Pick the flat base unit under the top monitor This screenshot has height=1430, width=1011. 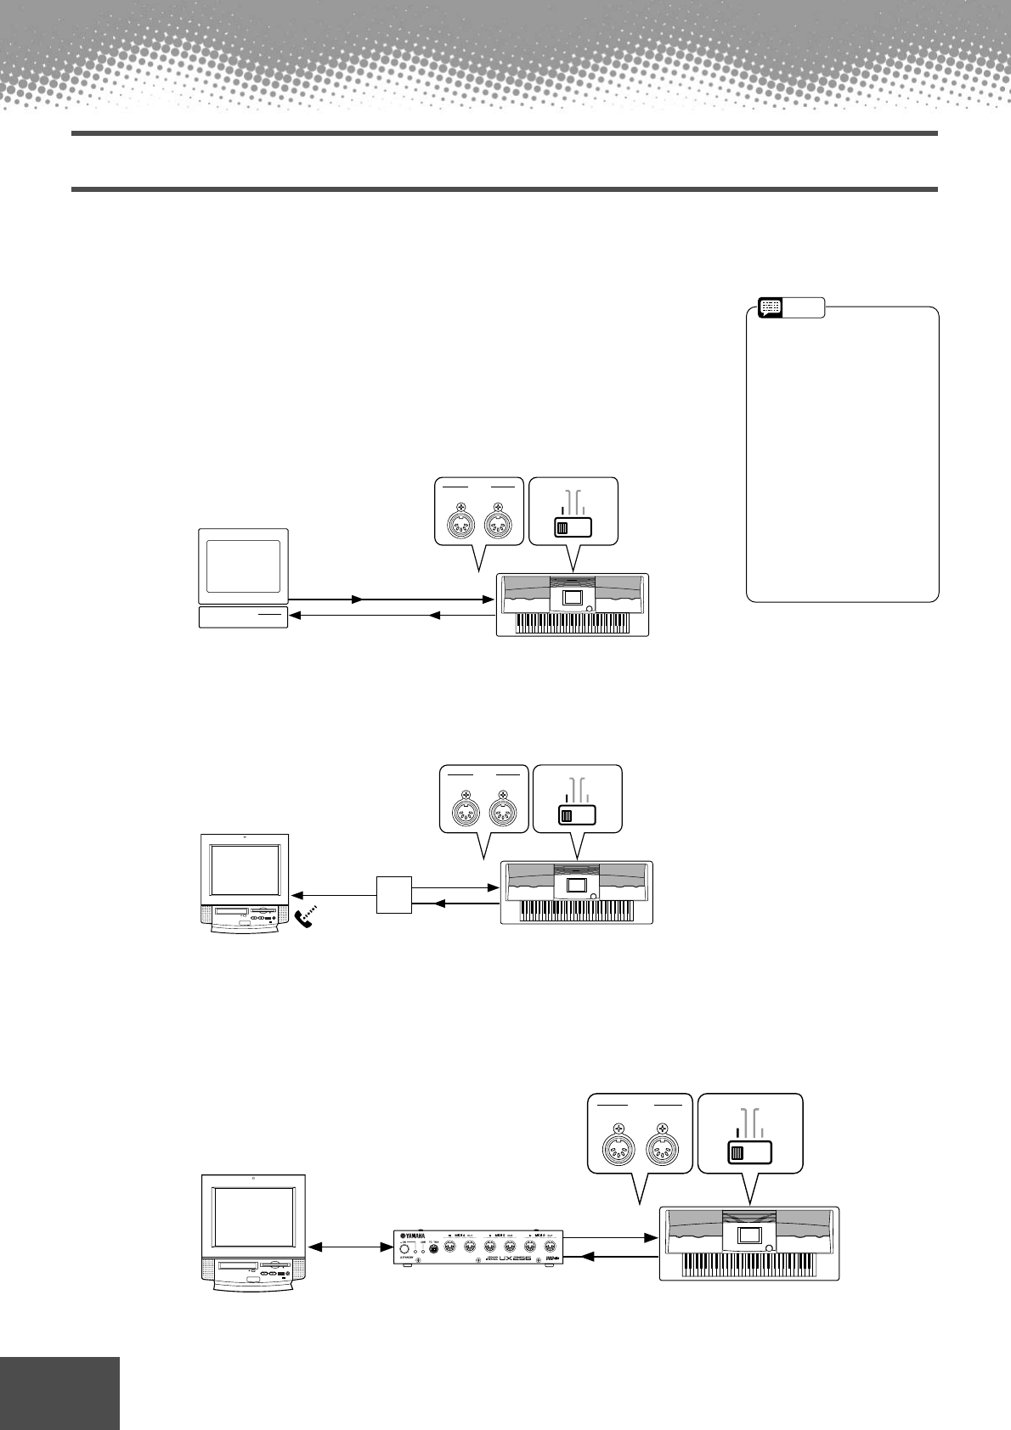pos(243,617)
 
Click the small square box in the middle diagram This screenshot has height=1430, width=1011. pos(394,894)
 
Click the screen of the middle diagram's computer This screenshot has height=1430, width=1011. pos(245,869)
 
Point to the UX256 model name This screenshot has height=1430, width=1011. pos(515,1259)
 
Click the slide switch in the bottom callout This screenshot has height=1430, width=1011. pos(749,1152)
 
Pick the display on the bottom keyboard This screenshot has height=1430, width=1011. pos(750,1236)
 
